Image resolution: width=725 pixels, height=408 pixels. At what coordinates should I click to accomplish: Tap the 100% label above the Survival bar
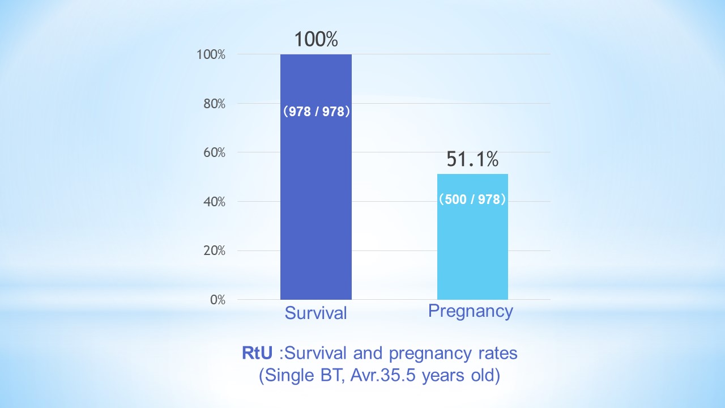[316, 39]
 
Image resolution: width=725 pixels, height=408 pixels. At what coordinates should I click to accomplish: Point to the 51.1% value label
[472, 159]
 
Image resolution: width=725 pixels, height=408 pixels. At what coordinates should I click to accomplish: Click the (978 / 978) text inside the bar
[316, 112]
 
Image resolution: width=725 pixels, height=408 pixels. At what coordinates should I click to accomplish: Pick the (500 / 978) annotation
[472, 199]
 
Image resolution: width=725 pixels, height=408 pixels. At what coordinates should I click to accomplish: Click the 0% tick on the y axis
[218, 300]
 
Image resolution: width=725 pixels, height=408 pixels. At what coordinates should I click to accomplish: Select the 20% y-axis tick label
[215, 250]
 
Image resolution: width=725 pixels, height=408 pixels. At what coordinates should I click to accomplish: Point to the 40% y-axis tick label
[215, 202]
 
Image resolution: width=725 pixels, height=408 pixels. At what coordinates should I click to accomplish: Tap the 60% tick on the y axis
[215, 152]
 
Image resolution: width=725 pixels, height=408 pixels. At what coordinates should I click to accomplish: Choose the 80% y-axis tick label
[215, 104]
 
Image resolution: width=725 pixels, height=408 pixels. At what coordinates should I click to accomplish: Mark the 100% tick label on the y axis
[212, 54]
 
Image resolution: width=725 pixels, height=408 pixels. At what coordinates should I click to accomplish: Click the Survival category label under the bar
[315, 313]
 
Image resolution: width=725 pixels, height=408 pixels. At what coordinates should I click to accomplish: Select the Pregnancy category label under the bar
[471, 311]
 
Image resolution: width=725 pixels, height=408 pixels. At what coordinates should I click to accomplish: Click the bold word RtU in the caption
[258, 353]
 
